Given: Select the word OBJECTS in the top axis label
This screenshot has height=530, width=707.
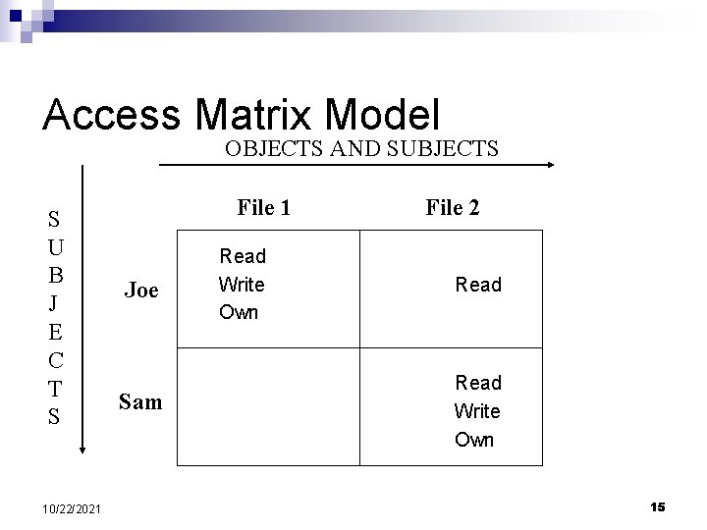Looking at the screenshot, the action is click(272, 149).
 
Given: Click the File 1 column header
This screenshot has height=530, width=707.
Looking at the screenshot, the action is click(263, 208).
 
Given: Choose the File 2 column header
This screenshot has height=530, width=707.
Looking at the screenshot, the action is click(453, 208).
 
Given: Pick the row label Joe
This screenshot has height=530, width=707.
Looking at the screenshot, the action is click(141, 290).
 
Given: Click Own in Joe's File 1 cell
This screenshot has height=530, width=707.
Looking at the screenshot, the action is click(239, 313).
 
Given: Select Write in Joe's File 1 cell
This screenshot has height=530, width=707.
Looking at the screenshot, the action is click(242, 285).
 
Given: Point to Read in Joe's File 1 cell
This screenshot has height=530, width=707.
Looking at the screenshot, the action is click(243, 256).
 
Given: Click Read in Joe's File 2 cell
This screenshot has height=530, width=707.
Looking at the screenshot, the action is click(477, 285).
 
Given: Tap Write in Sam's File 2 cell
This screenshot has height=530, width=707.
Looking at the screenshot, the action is click(476, 410).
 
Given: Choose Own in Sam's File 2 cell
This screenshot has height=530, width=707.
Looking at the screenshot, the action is click(474, 440).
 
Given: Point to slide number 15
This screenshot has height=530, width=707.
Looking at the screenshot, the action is click(657, 506).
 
